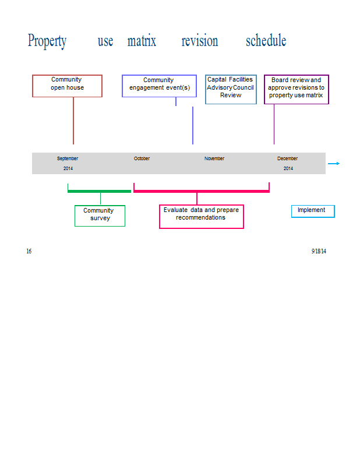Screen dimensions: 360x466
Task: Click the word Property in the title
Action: tap(47, 41)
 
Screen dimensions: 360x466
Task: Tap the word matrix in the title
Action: tap(142, 41)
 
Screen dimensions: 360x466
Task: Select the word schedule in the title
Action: tap(266, 40)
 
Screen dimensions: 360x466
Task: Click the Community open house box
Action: tap(67, 86)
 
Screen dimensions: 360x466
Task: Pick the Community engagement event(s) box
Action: tap(160, 86)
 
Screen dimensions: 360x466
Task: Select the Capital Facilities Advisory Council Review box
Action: tap(231, 89)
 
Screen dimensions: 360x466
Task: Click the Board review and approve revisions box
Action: tap(297, 89)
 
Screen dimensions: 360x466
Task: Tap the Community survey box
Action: tap(100, 216)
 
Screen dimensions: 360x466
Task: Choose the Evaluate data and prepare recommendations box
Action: tap(202, 216)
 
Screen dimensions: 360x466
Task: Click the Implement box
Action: tap(313, 211)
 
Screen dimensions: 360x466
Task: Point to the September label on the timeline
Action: tap(68, 158)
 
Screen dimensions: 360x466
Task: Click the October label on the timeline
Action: tap(142, 158)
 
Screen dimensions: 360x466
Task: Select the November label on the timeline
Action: tap(214, 158)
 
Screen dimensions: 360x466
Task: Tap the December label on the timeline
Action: tap(287, 158)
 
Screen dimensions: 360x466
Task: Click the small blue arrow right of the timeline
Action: tap(334, 164)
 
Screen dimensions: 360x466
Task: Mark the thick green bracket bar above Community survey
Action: tap(99, 191)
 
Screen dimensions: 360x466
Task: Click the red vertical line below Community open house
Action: tap(73, 121)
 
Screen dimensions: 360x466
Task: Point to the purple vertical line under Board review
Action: tap(274, 124)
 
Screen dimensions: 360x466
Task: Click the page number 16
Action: tap(29, 251)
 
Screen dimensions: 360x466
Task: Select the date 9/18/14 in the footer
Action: tap(319, 251)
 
